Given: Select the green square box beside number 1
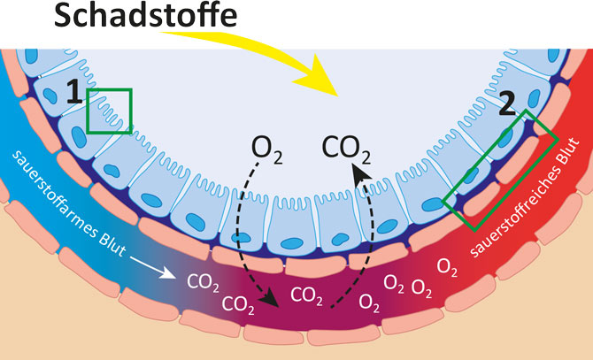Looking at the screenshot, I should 110,111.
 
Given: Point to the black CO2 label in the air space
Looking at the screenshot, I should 346,148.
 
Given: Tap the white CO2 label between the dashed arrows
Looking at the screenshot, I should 306,294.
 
